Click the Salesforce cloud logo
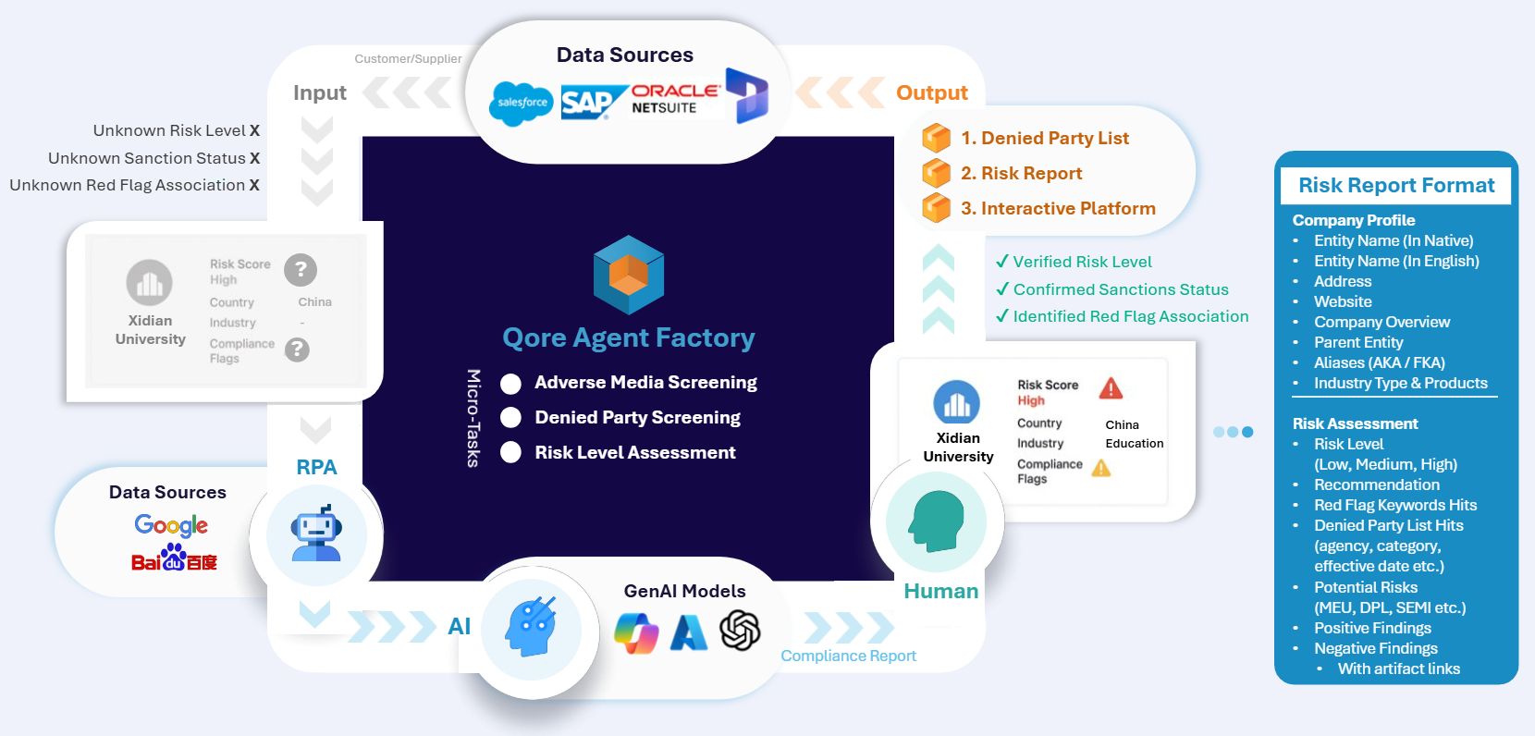521,103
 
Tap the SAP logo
587,102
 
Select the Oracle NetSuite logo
675,98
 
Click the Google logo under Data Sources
171,525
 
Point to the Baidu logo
174,558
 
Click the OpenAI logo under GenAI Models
740,631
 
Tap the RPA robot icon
316,534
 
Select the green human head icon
937,520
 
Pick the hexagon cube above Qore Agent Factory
629,275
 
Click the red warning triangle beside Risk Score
1111,388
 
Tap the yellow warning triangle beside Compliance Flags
1100,468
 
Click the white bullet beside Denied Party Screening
510,418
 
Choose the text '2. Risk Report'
1021,173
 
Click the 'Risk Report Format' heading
1395,185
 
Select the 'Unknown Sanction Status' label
147,158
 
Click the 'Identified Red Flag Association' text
1130,316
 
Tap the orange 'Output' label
931,92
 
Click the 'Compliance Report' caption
848,656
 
